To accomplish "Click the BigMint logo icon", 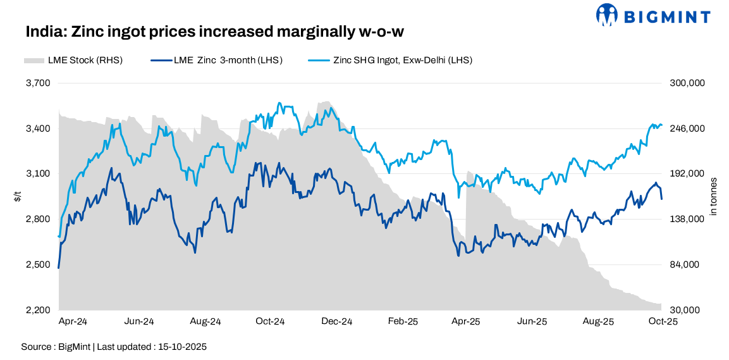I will pyautogui.click(x=607, y=15).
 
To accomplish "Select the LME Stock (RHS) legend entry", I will pyautogui.click(x=73, y=61).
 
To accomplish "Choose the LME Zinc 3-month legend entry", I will pyautogui.click(x=216, y=61).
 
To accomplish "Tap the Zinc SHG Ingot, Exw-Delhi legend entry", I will pyautogui.click(x=390, y=61).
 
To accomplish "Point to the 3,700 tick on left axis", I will pyautogui.click(x=38, y=83).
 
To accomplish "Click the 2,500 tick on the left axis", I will pyautogui.click(x=38, y=264).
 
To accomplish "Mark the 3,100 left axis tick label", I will pyautogui.click(x=38, y=174).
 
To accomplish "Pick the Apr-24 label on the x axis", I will pyautogui.click(x=73, y=321).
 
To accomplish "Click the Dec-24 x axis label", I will pyautogui.click(x=337, y=321).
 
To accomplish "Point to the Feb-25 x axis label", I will pyautogui.click(x=403, y=321).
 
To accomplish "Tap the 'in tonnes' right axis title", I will pyautogui.click(x=714, y=196).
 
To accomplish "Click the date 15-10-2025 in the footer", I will pyautogui.click(x=184, y=347).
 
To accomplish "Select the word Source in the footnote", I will pyautogui.click(x=35, y=347).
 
